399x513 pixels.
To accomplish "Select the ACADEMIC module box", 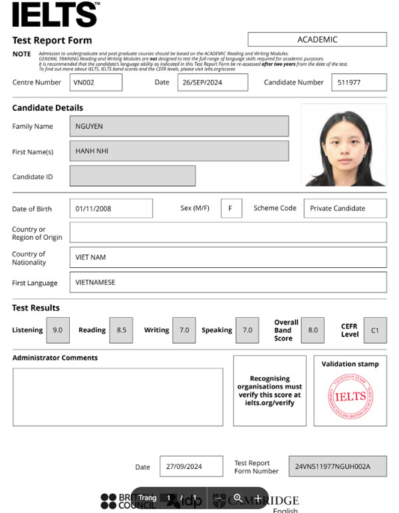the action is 317,39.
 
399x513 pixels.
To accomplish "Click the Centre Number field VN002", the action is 96,82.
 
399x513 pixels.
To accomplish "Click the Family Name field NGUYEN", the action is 179,126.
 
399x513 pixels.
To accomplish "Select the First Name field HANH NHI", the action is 179,151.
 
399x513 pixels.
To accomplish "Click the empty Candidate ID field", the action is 132,176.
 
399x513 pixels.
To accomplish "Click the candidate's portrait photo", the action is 343,145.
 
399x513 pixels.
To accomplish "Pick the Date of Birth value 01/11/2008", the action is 110,209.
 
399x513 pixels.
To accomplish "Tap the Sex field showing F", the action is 231,209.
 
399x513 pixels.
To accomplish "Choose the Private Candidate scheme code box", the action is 344,209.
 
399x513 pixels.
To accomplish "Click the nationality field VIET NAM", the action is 227,257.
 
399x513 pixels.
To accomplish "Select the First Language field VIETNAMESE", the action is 227,282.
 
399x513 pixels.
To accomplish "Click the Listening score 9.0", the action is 58,330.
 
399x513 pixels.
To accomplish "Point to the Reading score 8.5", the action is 121,330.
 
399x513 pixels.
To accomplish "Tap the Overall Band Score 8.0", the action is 313,330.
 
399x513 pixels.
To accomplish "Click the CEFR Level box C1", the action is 374,330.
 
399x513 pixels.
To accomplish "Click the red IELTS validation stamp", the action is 350,396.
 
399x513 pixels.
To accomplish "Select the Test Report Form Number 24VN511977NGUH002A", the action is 337,466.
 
